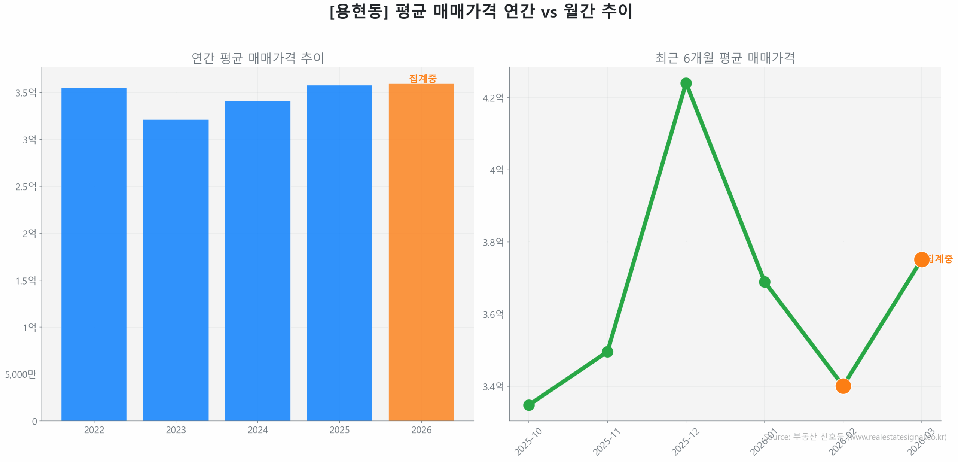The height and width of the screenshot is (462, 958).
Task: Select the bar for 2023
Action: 176,270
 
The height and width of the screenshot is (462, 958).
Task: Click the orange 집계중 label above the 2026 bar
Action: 422,78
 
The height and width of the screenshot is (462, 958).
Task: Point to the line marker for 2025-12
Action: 686,83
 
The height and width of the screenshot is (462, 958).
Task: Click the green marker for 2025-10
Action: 528,405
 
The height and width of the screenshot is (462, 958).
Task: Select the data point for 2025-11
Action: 607,352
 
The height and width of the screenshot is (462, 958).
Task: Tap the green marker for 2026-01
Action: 764,282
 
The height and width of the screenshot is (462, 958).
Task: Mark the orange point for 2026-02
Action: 843,386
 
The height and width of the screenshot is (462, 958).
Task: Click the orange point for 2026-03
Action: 921,259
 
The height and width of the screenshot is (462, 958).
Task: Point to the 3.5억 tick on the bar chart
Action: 26,92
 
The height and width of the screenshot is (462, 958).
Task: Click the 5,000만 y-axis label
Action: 21,374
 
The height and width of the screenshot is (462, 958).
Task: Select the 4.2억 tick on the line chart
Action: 493,98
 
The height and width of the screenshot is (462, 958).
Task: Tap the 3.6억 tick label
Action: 493,314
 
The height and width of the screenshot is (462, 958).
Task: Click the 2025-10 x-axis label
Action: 528,442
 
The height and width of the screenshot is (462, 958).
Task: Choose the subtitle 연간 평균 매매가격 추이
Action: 257,58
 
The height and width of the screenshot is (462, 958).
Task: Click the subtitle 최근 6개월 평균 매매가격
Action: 724,58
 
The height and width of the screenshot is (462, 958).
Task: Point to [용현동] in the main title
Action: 358,11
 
